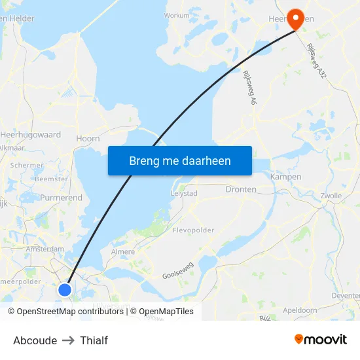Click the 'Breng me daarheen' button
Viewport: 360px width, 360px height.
tap(180, 161)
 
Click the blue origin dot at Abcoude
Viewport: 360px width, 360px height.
tap(65, 289)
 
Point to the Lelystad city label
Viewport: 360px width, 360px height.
tap(184, 194)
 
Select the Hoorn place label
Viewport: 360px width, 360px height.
tap(88, 138)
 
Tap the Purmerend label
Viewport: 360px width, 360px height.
tap(61, 197)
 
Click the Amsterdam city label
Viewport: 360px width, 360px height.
tap(45, 249)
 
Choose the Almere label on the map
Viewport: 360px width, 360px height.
tap(123, 251)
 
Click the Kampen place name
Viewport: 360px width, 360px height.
tap(285, 177)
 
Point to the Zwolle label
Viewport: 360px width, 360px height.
tap(331, 195)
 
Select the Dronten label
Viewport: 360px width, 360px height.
tap(241, 189)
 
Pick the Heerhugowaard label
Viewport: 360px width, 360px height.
tap(31, 134)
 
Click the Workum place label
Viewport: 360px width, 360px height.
tap(177, 14)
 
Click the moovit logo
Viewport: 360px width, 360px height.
tap(321, 340)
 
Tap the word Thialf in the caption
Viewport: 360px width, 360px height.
tap(94, 340)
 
